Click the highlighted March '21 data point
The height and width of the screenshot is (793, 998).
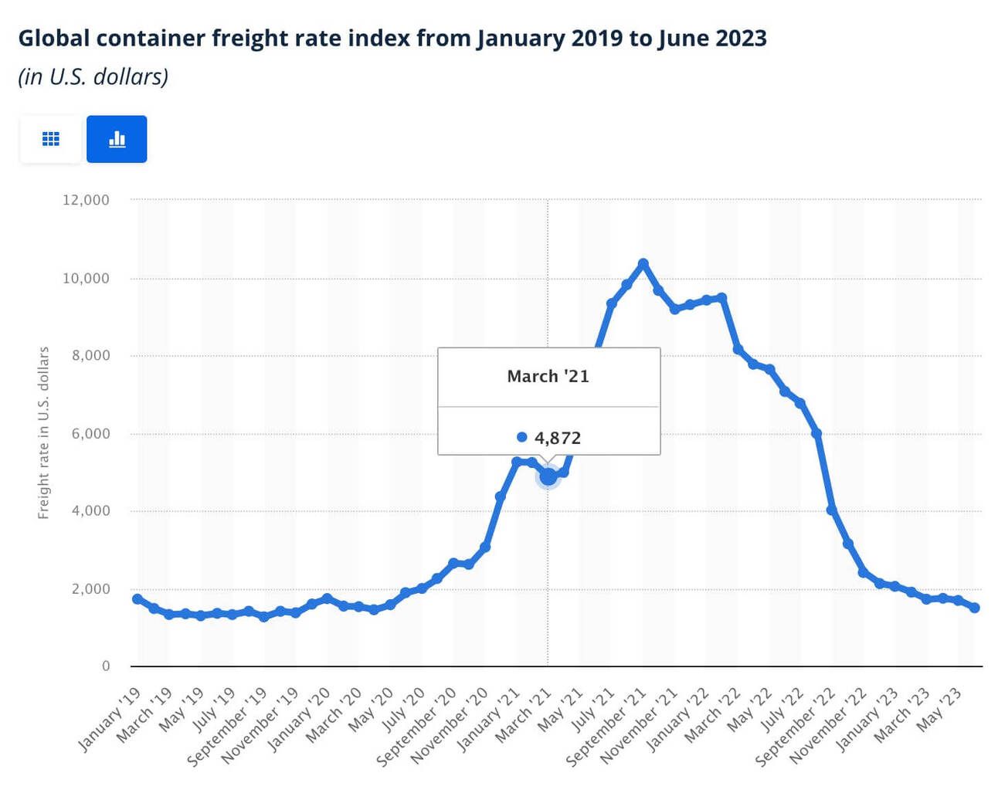[x=548, y=477]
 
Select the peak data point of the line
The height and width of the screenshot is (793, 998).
[x=643, y=264]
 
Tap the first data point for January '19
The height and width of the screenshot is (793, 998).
[x=137, y=599]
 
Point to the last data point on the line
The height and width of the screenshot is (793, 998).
[x=975, y=608]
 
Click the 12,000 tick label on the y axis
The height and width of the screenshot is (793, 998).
[x=86, y=200]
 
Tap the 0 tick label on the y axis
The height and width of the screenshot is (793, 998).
[x=106, y=666]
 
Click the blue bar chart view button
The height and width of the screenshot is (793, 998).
[x=117, y=139]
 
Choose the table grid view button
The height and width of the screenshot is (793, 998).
[x=50, y=139]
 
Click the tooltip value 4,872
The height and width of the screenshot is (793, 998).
[x=557, y=438]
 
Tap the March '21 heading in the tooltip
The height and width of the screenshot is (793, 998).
[x=548, y=376]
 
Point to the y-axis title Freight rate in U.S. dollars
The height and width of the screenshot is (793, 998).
[x=43, y=432]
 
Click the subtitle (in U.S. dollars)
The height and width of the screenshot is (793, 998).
[x=93, y=76]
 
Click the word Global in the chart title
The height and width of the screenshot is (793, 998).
[x=53, y=38]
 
